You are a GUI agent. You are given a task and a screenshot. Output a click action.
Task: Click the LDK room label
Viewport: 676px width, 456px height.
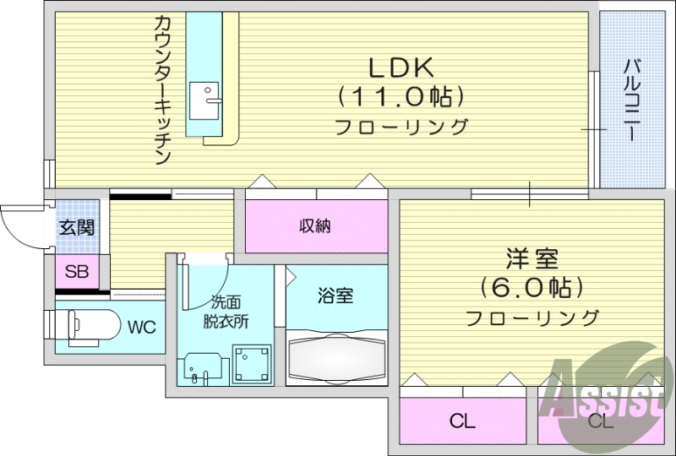click(x=401, y=66)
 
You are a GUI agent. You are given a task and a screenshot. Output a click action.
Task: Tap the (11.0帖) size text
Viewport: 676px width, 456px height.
click(x=401, y=96)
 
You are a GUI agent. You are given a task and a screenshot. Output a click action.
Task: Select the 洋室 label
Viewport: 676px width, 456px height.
click(x=532, y=258)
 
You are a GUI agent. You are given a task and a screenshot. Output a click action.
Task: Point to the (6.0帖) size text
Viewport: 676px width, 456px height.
click(x=532, y=288)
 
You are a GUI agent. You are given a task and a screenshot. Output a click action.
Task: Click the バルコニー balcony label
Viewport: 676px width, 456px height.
click(x=631, y=100)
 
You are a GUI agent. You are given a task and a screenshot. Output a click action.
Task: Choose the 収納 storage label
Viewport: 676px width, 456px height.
click(x=314, y=225)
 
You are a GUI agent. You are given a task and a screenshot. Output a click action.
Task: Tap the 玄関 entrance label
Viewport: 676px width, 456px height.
click(x=76, y=227)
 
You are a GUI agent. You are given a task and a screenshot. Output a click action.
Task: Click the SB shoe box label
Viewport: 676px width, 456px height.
click(x=76, y=272)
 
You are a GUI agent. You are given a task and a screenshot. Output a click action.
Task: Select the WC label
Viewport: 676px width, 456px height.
click(x=141, y=328)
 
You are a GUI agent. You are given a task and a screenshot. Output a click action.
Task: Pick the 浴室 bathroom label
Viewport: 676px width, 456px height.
click(x=335, y=296)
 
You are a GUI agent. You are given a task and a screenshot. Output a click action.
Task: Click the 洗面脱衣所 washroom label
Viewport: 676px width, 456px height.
click(x=225, y=312)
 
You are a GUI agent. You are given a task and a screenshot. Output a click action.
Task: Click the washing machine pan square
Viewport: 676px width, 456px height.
click(x=253, y=364)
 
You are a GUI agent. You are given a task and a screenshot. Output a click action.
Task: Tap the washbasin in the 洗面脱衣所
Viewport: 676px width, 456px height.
click(x=201, y=368)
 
